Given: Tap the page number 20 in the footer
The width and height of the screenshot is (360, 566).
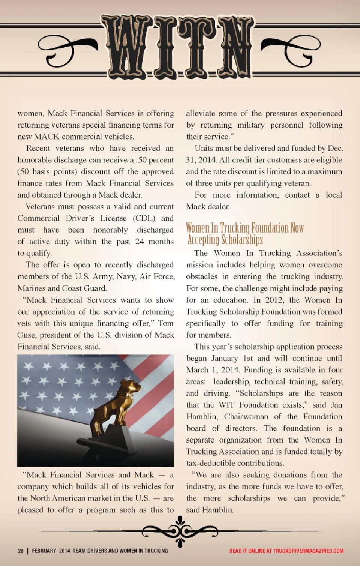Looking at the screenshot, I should pyautogui.click(x=21, y=551).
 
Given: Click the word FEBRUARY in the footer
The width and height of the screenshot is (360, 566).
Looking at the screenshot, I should pyautogui.click(x=44, y=551).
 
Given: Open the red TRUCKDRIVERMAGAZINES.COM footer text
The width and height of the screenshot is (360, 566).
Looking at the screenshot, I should pyautogui.click(x=308, y=551).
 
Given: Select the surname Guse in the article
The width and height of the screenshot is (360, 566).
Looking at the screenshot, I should pyautogui.click(x=27, y=335).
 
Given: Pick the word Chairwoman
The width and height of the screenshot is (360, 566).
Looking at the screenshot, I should pyautogui.click(x=246, y=417).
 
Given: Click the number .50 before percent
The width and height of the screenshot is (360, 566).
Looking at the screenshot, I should pyautogui.click(x=141, y=160).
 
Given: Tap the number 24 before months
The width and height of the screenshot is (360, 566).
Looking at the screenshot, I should pyautogui.click(x=139, y=242).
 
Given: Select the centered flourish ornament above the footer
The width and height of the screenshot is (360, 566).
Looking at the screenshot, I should pyautogui.click(x=180, y=531).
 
